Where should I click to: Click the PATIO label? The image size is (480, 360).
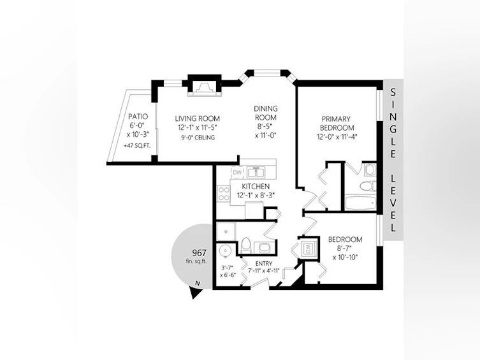(138, 117)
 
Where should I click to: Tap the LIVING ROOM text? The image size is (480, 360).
(198, 119)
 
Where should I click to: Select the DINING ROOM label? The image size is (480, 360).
(266, 113)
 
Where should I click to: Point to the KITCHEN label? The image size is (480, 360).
(256, 186)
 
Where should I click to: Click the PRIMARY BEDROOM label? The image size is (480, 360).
(337, 123)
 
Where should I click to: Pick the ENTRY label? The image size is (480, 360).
(263, 264)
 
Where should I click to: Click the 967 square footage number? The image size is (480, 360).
(199, 253)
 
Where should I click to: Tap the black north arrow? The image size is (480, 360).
(195, 292)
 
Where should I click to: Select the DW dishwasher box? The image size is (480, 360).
(237, 173)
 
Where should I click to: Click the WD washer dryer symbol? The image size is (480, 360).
(309, 247)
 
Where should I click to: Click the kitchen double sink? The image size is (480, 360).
(256, 173)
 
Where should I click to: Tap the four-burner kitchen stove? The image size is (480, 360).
(224, 194)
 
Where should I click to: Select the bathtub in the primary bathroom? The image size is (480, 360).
(360, 203)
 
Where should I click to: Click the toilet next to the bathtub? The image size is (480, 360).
(367, 186)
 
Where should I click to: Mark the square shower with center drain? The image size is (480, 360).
(226, 231)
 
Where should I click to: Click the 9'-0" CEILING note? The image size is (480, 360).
(198, 138)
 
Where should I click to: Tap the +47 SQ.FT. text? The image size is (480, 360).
(137, 146)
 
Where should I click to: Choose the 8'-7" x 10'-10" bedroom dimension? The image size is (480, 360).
(345, 253)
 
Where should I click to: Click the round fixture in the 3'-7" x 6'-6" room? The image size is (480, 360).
(226, 252)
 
